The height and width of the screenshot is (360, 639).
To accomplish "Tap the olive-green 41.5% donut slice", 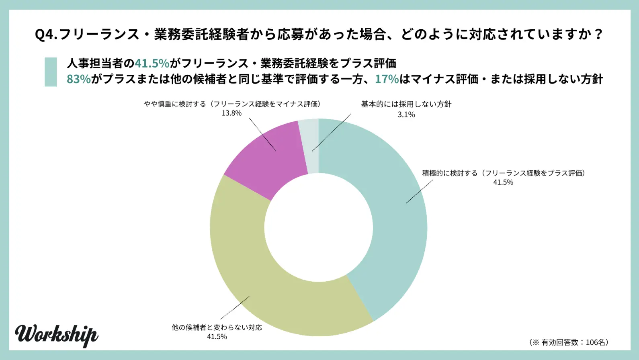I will click(257, 277).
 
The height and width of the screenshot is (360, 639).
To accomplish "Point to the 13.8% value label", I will click(231, 113).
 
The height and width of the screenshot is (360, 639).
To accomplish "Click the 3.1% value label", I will click(406, 115).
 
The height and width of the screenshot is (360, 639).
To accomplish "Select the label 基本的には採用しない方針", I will click(406, 104).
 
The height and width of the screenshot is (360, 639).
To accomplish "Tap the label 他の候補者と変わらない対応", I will click(217, 327).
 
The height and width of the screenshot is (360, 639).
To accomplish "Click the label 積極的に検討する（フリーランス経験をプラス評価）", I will click(503, 173).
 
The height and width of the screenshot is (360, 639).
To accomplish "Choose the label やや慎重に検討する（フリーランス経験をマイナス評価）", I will click(232, 104).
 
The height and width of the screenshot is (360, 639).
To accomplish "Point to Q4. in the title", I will click(46, 34).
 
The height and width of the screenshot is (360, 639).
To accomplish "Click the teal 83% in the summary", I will click(78, 79).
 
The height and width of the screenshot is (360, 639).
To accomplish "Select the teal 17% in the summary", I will click(387, 79).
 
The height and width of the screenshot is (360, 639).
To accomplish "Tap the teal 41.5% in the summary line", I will click(152, 63).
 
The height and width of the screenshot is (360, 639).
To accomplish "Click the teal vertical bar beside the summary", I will click(51, 72).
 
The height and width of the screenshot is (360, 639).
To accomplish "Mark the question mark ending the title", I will click(598, 34).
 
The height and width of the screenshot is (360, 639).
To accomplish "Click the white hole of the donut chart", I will click(319, 227).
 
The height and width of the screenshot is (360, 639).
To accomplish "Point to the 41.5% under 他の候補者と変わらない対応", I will click(217, 337).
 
